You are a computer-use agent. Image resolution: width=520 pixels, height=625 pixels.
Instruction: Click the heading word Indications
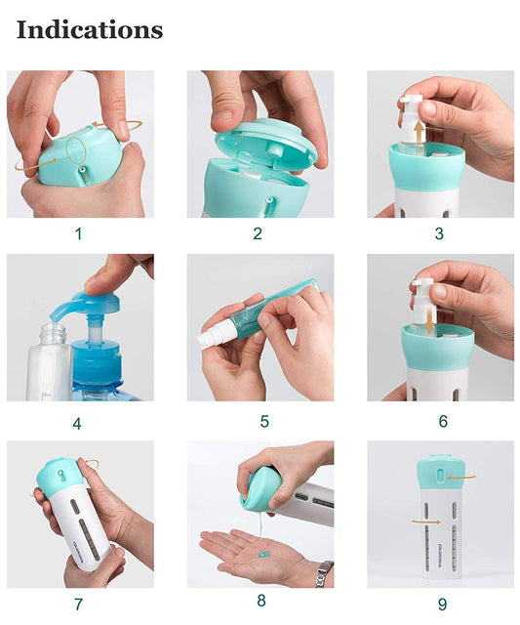(x=90, y=30)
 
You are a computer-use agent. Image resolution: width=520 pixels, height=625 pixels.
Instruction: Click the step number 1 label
(x=79, y=233)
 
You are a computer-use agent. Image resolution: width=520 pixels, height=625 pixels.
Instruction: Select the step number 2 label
(x=258, y=233)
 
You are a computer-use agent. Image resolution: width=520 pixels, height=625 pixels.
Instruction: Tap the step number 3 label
(x=439, y=233)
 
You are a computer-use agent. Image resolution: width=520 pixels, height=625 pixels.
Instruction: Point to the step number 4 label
(x=77, y=423)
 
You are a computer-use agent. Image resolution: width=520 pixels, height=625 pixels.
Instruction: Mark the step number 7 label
(x=78, y=604)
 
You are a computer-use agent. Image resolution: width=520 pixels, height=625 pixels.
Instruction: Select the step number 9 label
(x=440, y=604)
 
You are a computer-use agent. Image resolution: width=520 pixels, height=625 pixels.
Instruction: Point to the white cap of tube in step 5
(x=214, y=339)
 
